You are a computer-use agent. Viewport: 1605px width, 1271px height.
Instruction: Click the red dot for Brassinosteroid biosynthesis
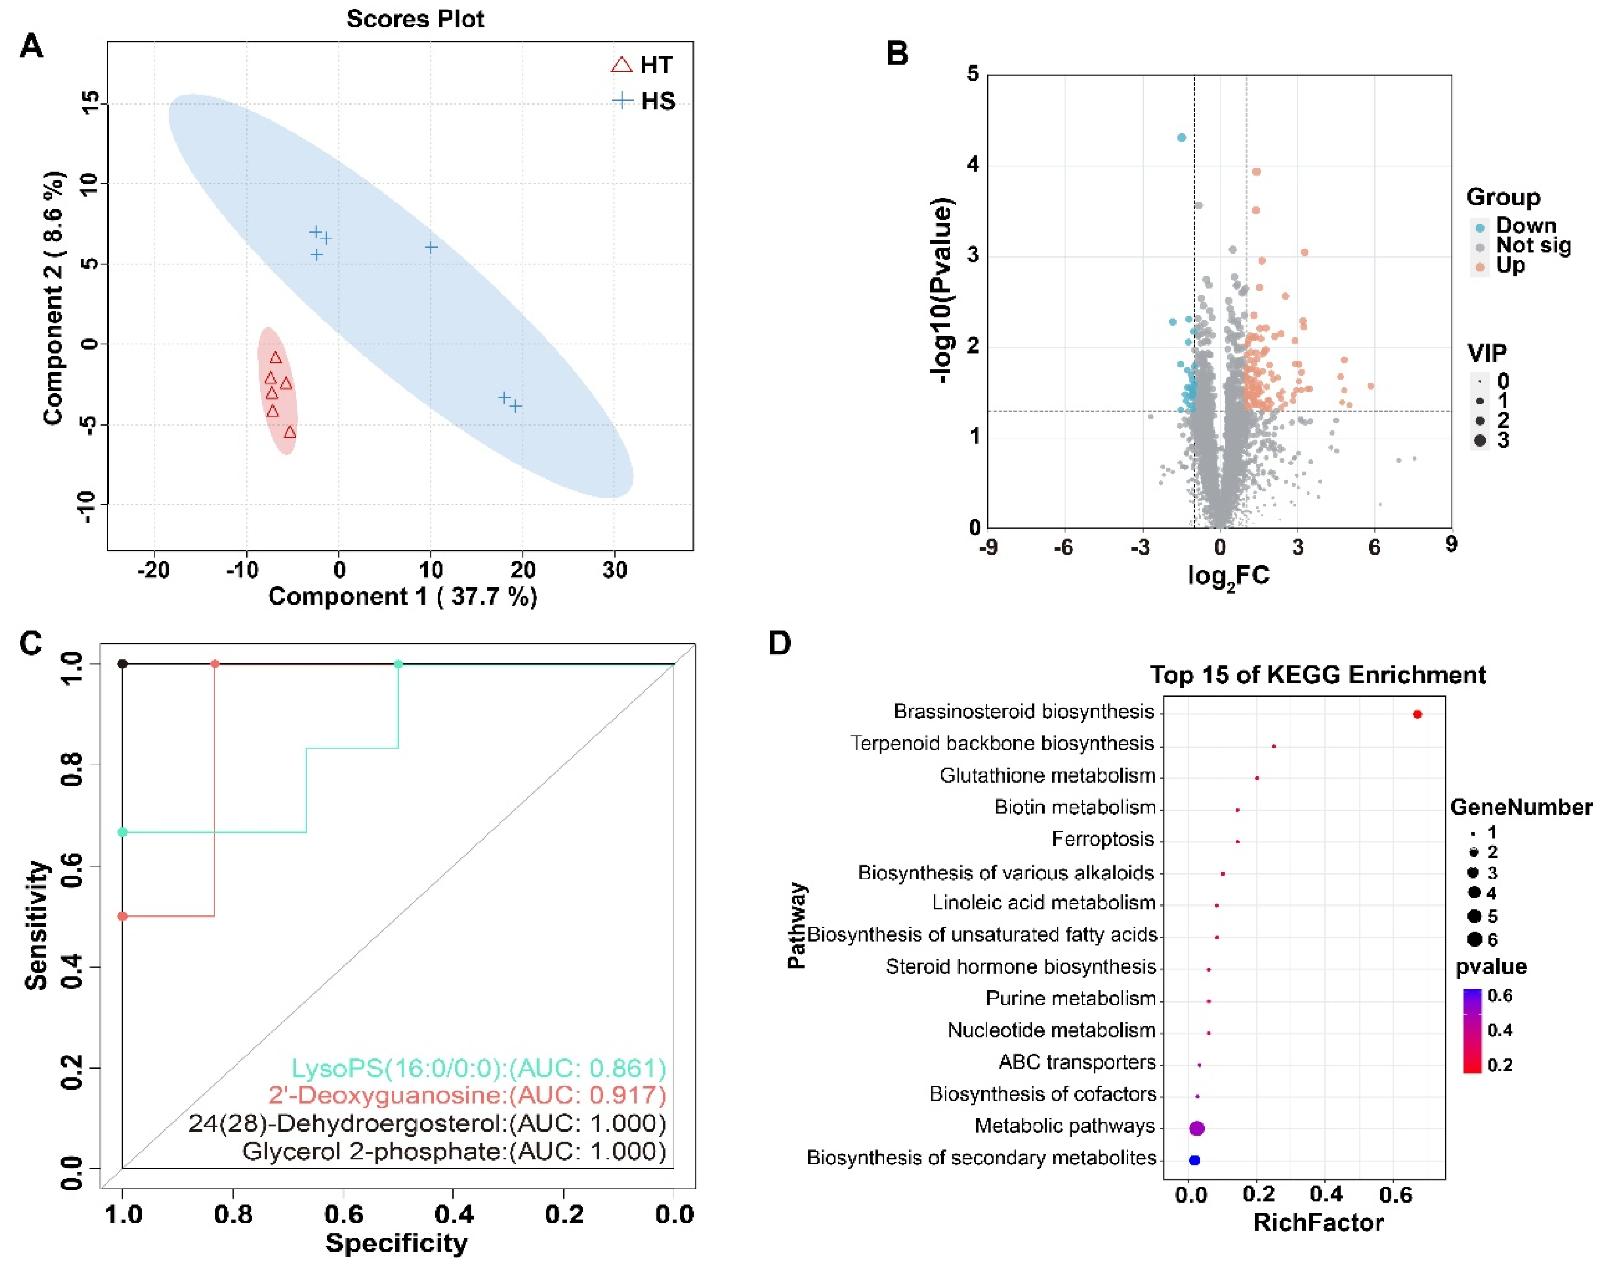1417,714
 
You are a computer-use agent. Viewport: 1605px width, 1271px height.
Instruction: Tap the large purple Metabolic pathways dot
1197,1128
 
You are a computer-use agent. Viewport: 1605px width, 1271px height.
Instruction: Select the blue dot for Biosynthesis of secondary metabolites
1194,1160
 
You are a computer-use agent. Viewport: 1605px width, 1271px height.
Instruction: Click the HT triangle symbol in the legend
621,65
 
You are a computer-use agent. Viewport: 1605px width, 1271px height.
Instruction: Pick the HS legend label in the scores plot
658,101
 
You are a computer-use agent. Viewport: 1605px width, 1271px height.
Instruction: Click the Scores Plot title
415,19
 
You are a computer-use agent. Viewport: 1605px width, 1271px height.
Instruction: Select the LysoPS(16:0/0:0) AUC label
478,1068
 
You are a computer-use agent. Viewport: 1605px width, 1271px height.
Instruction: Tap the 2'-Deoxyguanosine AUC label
467,1095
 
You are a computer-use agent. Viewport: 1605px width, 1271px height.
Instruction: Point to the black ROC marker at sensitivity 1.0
123,664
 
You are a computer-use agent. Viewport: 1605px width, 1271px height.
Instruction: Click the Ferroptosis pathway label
1103,839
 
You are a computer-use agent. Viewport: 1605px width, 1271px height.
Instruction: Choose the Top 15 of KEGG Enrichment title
1318,675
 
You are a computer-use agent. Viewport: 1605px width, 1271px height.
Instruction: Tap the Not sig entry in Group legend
1534,246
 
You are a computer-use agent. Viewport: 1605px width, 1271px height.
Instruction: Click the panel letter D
779,643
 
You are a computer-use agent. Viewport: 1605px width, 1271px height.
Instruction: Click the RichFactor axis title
1318,1223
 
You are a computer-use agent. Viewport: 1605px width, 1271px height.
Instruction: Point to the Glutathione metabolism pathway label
1047,775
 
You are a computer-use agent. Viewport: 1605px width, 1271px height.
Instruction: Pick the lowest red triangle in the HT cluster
290,432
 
